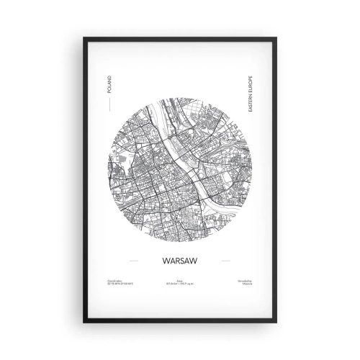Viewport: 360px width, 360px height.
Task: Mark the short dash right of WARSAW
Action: [x=228, y=261]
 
